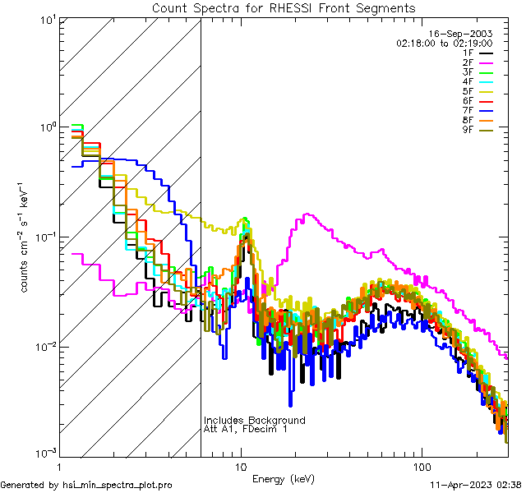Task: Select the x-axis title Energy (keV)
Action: pyautogui.click(x=284, y=479)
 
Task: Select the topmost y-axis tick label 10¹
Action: pyautogui.click(x=45, y=19)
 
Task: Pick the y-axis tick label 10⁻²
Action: pyautogui.click(x=44, y=346)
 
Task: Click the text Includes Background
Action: pyautogui.click(x=254, y=420)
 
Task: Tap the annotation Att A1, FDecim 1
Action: pyautogui.click(x=246, y=429)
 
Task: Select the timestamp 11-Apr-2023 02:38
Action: pyautogui.click(x=476, y=485)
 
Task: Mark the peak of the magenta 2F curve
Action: pyautogui.click(x=306, y=214)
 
